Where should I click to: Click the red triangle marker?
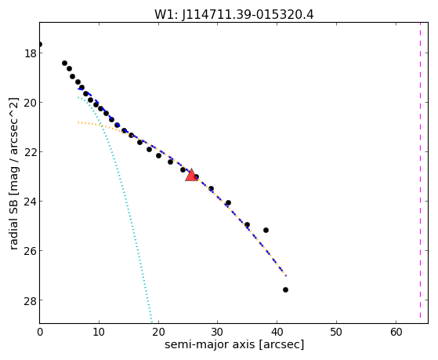pyautogui.click(x=191, y=175)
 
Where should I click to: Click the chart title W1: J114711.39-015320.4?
pyautogui.click(x=234, y=15)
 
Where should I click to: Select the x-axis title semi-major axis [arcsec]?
pyautogui.click(x=234, y=344)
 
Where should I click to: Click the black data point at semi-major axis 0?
pyautogui.click(x=40, y=45)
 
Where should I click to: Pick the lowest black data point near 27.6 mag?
pyautogui.click(x=285, y=289)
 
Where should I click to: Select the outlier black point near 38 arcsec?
pyautogui.click(x=266, y=231)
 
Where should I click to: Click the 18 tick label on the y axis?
pyautogui.click(x=31, y=53)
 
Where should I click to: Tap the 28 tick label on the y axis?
pyautogui.click(x=31, y=300)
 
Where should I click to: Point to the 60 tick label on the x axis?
pyautogui.click(x=396, y=332)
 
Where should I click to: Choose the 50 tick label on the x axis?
pyautogui.click(x=336, y=332)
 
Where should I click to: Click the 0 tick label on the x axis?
pyautogui.click(x=40, y=332)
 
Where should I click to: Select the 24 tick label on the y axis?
pyautogui.click(x=31, y=202)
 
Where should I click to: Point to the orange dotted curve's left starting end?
pyautogui.click(x=78, y=122)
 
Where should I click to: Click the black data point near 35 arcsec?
pyautogui.click(x=247, y=224)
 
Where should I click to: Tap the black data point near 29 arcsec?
pyautogui.click(x=212, y=189)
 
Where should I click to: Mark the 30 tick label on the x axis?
pyautogui.click(x=217, y=332)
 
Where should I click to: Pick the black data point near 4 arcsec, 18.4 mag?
pyautogui.click(x=64, y=64)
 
